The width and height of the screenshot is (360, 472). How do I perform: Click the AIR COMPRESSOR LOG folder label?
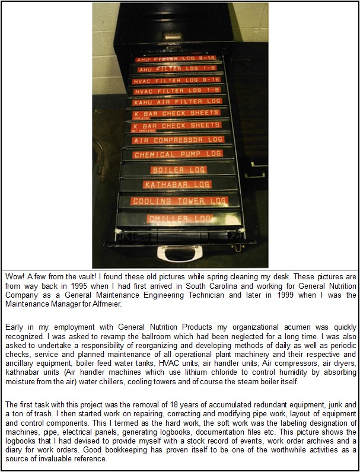pyautogui.click(x=178, y=141)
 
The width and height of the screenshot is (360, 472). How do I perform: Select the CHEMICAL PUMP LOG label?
pyautogui.click(x=178, y=155)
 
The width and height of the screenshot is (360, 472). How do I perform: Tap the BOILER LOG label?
pyautogui.click(x=179, y=170)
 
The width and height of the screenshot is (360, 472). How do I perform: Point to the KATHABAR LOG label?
pyautogui.click(x=177, y=185)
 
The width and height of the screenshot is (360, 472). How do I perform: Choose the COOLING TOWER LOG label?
pyautogui.click(x=180, y=202)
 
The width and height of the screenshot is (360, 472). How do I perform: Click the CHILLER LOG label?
pyautogui.click(x=180, y=219)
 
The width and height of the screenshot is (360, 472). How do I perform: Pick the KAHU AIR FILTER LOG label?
pyautogui.click(x=177, y=101)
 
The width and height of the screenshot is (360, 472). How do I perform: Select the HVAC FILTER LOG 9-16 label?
pyautogui.click(x=177, y=79)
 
